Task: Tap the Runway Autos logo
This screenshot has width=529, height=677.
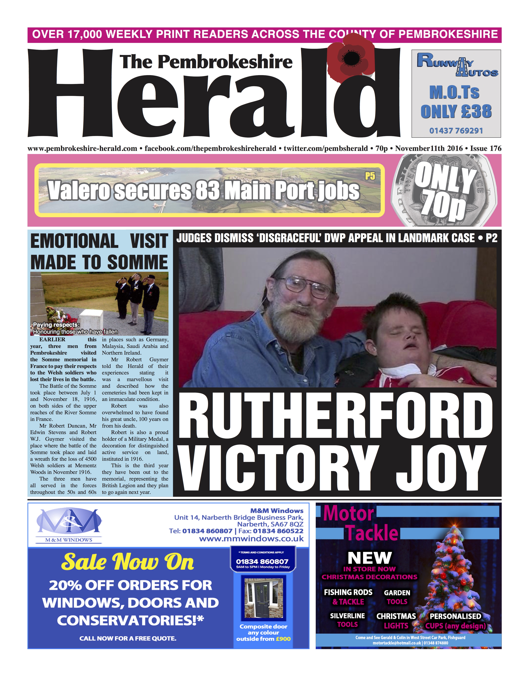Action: pyautogui.click(x=456, y=64)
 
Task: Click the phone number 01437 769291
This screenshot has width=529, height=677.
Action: pyautogui.click(x=456, y=130)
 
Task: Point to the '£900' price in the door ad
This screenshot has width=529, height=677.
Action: pyautogui.click(x=283, y=639)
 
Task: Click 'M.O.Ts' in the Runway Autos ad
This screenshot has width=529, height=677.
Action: pyautogui.click(x=454, y=92)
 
